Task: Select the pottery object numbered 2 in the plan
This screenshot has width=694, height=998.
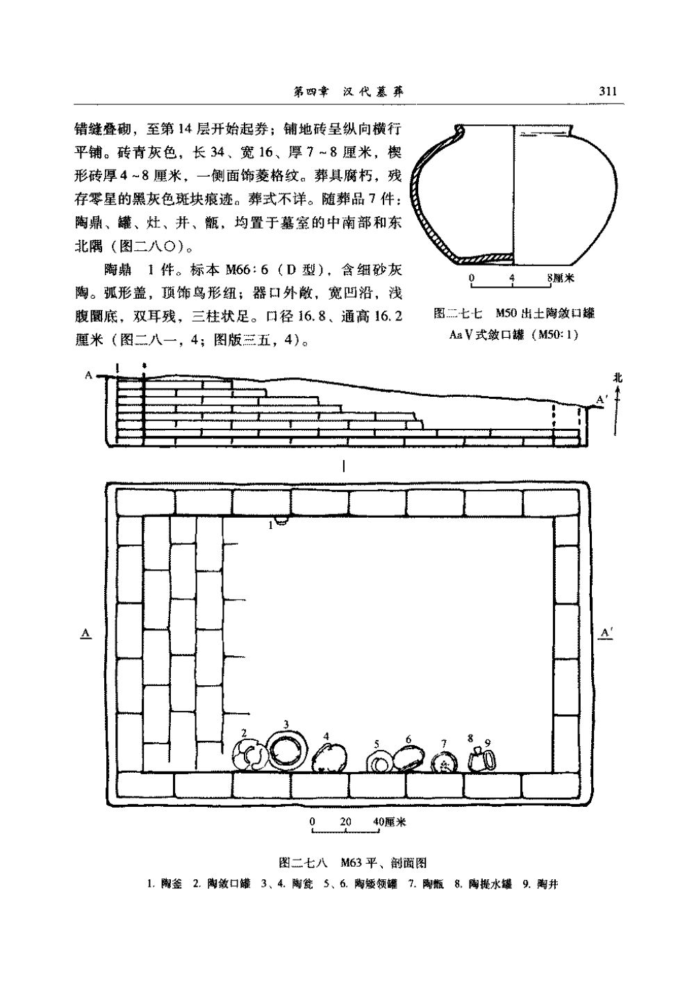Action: (248, 755)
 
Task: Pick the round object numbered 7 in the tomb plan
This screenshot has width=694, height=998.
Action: (443, 763)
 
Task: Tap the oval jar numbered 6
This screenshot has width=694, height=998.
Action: (408, 759)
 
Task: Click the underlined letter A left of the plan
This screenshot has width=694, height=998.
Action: (85, 633)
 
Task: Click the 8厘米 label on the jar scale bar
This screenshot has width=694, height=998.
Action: (559, 278)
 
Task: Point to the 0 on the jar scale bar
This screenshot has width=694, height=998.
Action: (472, 278)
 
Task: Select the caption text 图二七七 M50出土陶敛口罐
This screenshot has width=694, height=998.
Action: (513, 313)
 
